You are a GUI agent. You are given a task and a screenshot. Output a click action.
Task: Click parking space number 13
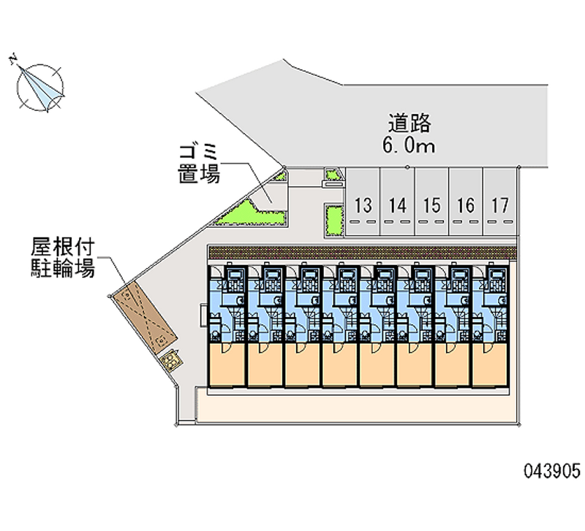pos(363,205)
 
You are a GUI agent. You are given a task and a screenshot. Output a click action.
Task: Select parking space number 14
pos(397,205)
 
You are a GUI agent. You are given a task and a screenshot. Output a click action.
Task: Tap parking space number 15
pos(431,205)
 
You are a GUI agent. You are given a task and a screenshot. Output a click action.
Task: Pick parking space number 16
pos(465,205)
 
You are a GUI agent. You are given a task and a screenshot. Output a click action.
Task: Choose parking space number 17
pos(499,205)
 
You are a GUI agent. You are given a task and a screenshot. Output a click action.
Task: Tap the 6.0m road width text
pos(408,145)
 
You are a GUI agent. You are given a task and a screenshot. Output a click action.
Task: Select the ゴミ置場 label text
pos(198,164)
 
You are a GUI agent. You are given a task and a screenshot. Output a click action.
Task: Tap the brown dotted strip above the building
pos(363,251)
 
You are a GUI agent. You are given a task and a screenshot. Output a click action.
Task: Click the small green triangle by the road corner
pos(280,175)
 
